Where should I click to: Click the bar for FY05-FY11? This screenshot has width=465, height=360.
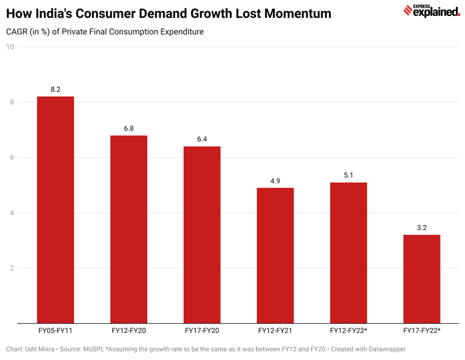[x=55, y=210]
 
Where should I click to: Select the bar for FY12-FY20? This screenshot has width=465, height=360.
[x=129, y=229]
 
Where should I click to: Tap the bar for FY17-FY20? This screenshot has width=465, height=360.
[x=202, y=235]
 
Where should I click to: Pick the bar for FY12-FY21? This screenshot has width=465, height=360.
[x=275, y=256]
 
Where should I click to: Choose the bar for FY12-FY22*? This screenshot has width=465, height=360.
[x=348, y=253]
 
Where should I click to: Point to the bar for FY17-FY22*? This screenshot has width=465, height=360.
[x=422, y=279]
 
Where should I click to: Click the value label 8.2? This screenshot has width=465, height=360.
[x=55, y=90]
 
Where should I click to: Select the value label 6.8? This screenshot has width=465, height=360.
[x=129, y=128]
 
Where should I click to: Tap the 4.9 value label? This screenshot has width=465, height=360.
[x=275, y=181]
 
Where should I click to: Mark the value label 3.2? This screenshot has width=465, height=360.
[x=422, y=228]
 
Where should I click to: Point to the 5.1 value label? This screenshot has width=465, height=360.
[x=348, y=175]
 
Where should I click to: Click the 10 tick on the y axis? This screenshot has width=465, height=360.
[x=10, y=47]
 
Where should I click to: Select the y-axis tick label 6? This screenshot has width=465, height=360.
[x=12, y=158]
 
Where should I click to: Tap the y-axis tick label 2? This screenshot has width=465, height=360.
[x=12, y=268]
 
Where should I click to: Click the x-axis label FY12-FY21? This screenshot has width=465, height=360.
[x=275, y=331]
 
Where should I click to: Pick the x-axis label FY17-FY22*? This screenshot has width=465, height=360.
[x=422, y=331]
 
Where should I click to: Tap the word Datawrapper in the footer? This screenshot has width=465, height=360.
[x=387, y=349]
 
